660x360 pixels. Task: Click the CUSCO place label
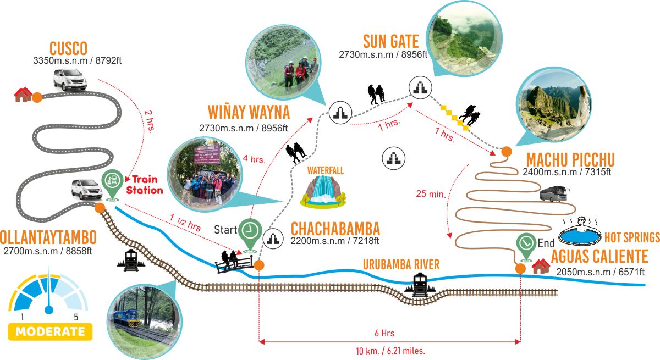point(68,48)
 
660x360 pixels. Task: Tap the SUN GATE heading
point(391,42)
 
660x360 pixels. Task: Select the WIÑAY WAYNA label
point(249,112)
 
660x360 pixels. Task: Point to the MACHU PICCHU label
point(570,159)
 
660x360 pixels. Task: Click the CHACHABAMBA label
point(335,229)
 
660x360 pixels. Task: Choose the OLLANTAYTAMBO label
point(48,237)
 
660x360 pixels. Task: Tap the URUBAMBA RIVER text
point(401,264)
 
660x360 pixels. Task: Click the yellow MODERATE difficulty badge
point(51,332)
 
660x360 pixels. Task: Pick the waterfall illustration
point(323,192)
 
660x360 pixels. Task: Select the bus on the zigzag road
point(554,193)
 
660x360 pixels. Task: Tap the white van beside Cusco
point(70,80)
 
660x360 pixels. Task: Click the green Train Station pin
point(112,185)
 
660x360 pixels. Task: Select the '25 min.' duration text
point(431,193)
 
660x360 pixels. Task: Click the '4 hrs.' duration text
point(254,159)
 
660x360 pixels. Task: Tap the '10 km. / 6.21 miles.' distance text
point(391,351)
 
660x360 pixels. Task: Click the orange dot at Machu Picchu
point(507,152)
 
